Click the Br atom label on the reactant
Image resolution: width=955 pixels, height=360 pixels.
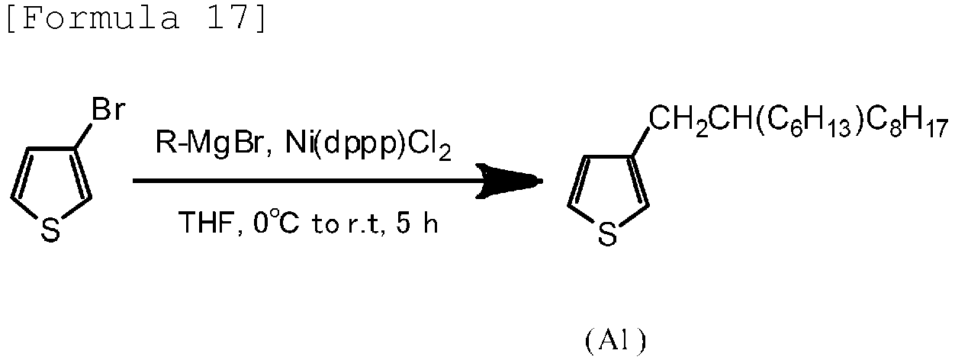pyautogui.click(x=108, y=109)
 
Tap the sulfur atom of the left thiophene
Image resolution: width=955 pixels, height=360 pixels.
pyautogui.click(x=51, y=230)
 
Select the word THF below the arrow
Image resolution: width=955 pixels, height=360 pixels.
pyautogui.click(x=208, y=223)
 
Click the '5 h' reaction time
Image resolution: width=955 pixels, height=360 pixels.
pyautogui.click(x=417, y=223)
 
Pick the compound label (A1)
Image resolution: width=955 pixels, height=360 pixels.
pyautogui.click(x=616, y=341)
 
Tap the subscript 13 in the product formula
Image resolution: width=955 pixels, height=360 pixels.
pyautogui.click(x=836, y=128)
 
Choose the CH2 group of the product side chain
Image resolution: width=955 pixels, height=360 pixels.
pyautogui.click(x=678, y=121)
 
